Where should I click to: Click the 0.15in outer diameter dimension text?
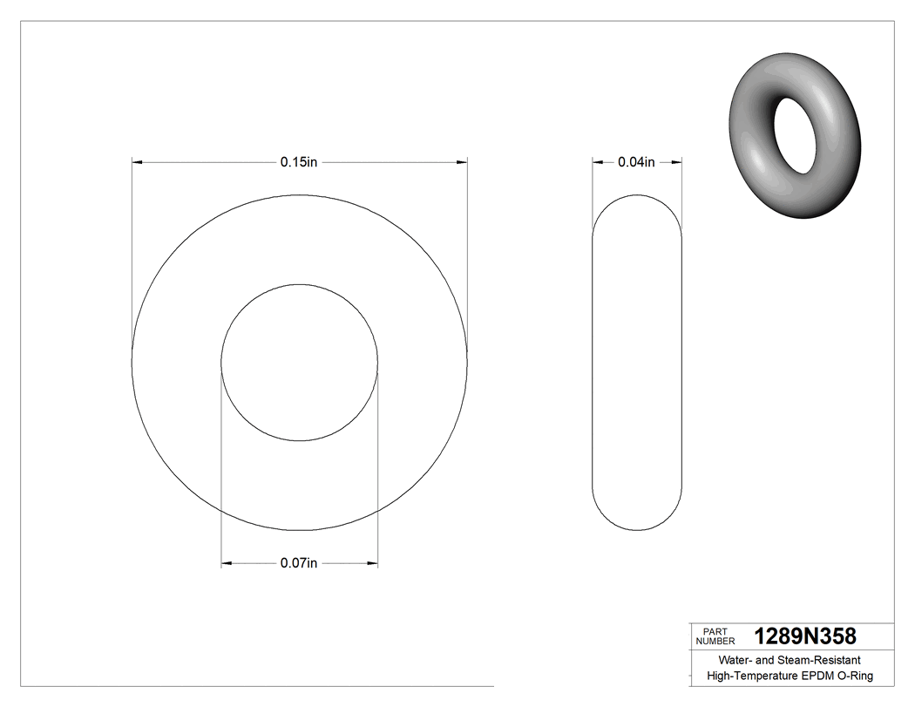coord(299,162)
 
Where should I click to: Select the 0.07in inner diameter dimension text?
coord(299,563)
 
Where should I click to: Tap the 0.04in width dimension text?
coord(636,162)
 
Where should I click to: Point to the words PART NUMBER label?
coord(715,636)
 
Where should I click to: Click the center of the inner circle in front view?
coord(299,363)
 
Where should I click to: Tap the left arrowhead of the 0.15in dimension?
coord(136,162)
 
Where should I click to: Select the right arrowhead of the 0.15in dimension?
coord(463,162)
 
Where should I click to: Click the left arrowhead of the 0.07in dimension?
coord(226,564)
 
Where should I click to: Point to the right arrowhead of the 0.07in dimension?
coord(373,564)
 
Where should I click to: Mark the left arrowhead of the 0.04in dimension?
coord(597,162)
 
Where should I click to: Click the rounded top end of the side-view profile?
coord(636,197)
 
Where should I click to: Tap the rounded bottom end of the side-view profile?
coord(636,527)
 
